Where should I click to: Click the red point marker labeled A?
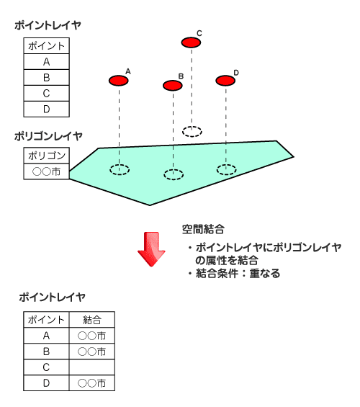(x=119, y=81)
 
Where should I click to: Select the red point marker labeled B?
(x=173, y=86)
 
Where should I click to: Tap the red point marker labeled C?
(x=191, y=43)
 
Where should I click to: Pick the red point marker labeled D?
(x=225, y=81)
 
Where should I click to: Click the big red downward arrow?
(x=151, y=249)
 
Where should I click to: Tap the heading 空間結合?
(x=203, y=229)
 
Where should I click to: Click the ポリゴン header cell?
(x=46, y=156)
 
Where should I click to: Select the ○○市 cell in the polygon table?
(x=46, y=171)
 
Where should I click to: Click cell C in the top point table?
(x=46, y=93)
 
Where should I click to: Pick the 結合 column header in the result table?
(x=92, y=320)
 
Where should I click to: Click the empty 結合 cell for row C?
(x=92, y=367)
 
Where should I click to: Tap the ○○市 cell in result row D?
(x=92, y=383)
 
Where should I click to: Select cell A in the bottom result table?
(x=46, y=336)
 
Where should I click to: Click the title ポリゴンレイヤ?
(x=48, y=136)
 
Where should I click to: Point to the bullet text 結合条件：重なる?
(x=238, y=273)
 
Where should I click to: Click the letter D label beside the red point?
(x=236, y=73)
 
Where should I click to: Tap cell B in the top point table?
(x=46, y=77)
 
